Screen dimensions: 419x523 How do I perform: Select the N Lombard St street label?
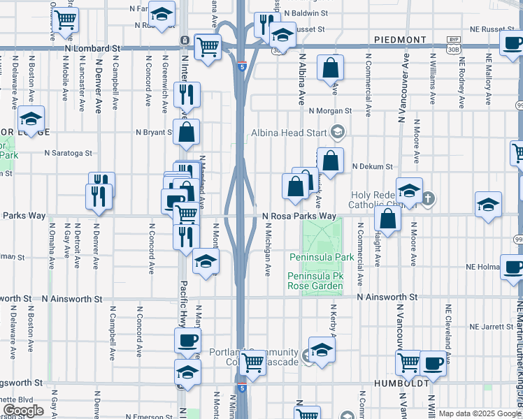click(x=92, y=49)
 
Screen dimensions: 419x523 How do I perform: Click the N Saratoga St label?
click(x=68, y=152)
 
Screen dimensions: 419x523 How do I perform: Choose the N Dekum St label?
click(x=373, y=167)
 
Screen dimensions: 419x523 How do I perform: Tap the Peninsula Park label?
click(x=321, y=258)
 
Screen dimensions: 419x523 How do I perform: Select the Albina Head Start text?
click(x=292, y=131)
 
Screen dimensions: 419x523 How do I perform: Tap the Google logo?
click(x=23, y=411)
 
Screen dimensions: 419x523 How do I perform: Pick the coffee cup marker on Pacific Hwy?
click(x=187, y=341)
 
